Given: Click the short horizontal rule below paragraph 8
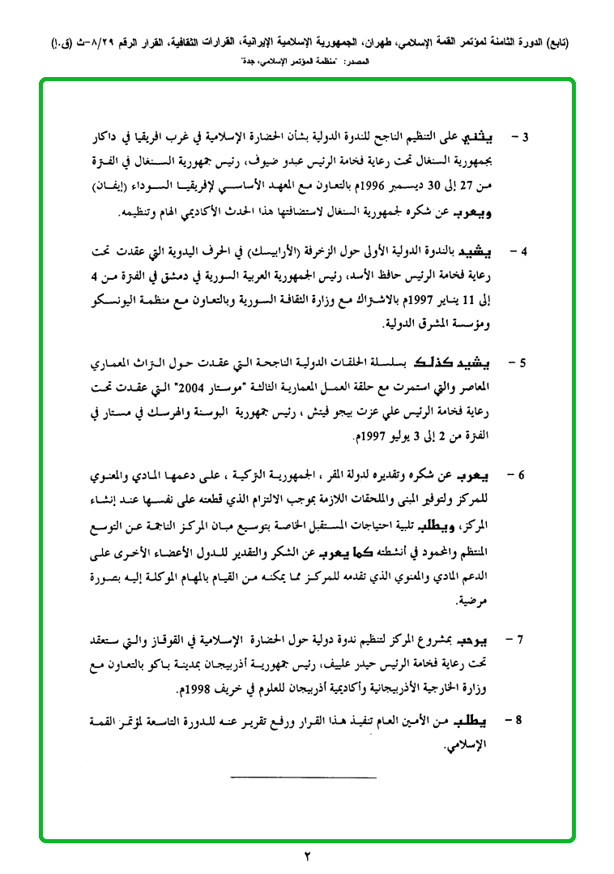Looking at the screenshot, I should pyautogui.click(x=303, y=778).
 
